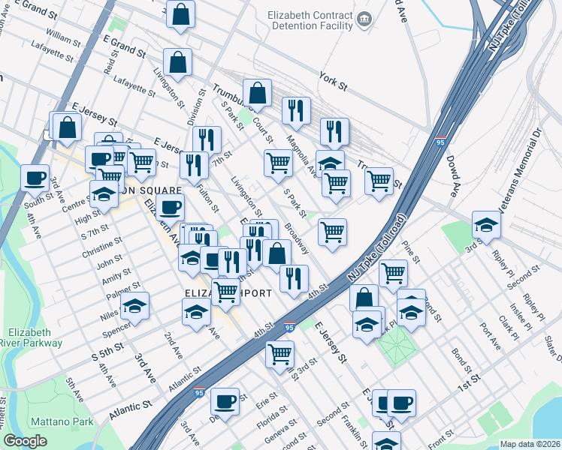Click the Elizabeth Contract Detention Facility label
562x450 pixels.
[x=308, y=19]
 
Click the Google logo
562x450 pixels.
[x=25, y=441]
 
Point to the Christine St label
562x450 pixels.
[x=101, y=245]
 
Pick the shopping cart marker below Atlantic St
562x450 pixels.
[x=279, y=352]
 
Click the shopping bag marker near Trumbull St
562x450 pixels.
[x=257, y=94]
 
